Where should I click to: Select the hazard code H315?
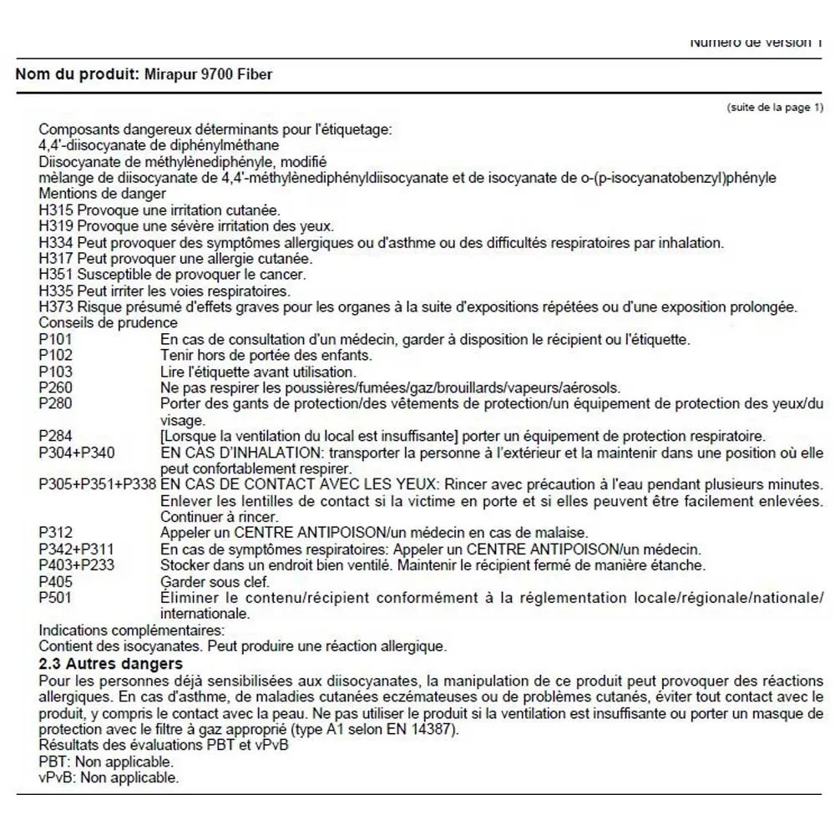click(x=56, y=210)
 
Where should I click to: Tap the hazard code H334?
click(x=56, y=243)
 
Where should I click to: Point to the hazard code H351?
click(x=56, y=275)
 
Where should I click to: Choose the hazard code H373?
click(x=56, y=306)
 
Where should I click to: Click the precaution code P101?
click(x=55, y=339)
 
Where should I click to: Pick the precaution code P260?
click(x=55, y=387)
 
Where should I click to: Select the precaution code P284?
click(x=55, y=437)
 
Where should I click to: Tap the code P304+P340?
click(x=77, y=453)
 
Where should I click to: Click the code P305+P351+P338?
click(x=98, y=485)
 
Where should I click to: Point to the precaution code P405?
click(x=55, y=581)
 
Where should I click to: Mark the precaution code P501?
click(x=55, y=598)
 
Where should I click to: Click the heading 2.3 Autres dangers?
click(x=110, y=664)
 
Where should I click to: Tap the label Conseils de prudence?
click(x=108, y=323)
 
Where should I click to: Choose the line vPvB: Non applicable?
click(x=109, y=777)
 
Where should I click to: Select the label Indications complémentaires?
click(x=131, y=630)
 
